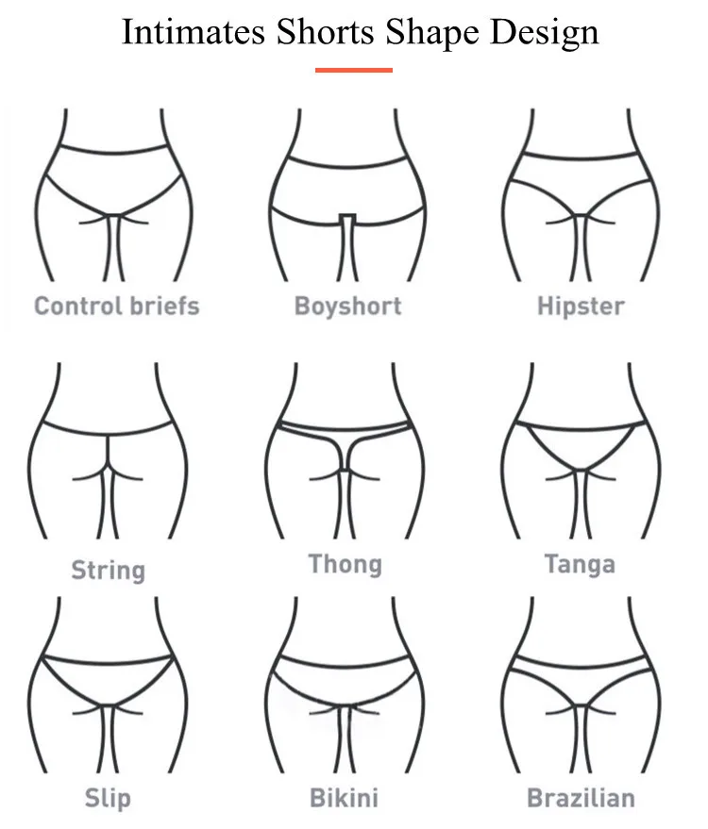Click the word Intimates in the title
(193, 32)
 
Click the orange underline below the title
(353, 69)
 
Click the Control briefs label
(117, 306)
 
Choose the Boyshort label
(347, 306)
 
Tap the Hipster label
(581, 307)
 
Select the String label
(109, 570)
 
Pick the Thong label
(346, 565)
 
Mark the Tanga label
(580, 565)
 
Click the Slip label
(108, 799)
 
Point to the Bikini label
(344, 799)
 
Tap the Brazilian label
(581, 799)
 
